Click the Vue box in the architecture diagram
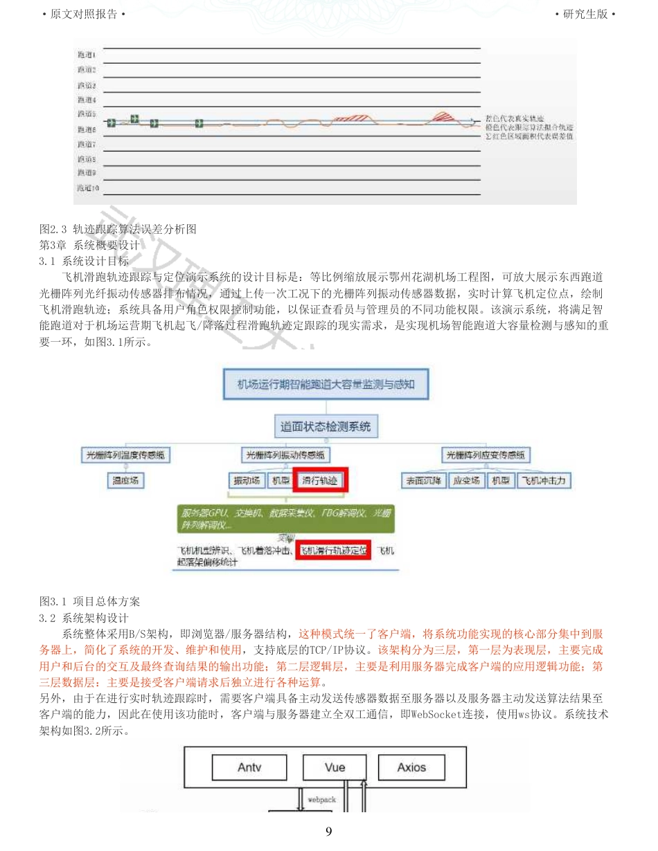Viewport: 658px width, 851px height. coord(335,767)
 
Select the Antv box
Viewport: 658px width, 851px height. coord(249,767)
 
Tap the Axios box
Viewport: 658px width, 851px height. coord(411,767)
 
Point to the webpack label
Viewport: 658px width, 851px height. coord(321,799)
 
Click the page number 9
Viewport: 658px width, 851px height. coord(329,831)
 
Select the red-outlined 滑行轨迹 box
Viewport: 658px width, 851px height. coord(320,480)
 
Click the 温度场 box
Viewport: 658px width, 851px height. coord(125,480)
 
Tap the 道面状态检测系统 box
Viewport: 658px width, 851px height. coord(326,426)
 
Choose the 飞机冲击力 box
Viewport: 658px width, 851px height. coord(544,480)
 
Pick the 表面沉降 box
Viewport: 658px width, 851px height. coord(423,480)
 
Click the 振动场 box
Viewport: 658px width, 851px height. coord(247,480)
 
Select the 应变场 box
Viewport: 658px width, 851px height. coord(466,480)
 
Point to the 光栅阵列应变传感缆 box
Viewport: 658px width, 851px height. coord(486,455)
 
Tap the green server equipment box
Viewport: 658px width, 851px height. coord(285,519)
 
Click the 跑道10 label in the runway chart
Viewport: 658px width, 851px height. coord(88,187)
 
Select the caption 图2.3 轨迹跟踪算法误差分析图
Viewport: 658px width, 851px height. coord(118,229)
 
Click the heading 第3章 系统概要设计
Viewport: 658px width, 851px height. coord(90,245)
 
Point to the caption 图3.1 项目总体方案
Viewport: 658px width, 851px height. coord(90,601)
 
